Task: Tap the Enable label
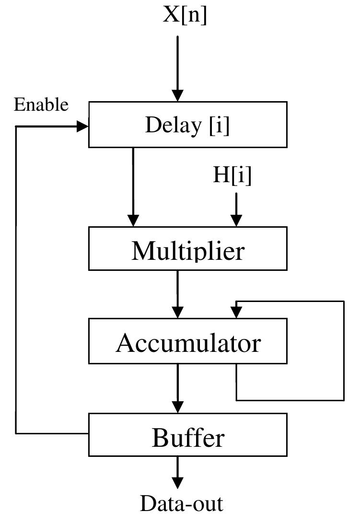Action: tap(41, 105)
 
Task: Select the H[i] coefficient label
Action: tap(232, 175)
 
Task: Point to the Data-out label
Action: tap(182, 504)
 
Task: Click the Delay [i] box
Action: tap(187, 125)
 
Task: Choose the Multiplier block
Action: tap(187, 249)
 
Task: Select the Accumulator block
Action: tap(187, 341)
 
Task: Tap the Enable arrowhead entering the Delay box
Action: tap(83, 126)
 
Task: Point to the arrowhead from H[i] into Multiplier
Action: tap(236, 220)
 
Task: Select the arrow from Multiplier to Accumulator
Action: tap(178, 292)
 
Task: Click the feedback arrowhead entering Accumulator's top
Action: tap(236, 312)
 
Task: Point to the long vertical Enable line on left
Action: tap(16, 278)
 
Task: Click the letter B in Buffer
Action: tap(160, 437)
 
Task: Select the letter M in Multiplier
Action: tap(142, 250)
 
